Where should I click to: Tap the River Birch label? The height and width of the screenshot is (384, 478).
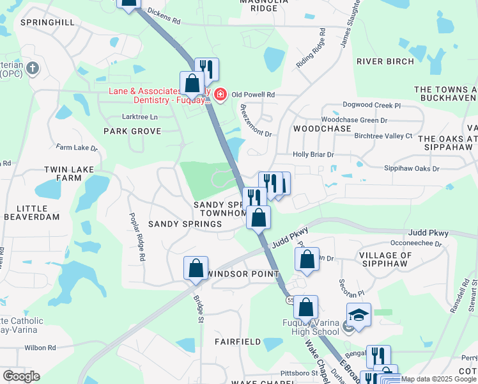point(385,61)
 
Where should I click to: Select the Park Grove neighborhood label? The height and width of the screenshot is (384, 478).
point(132,131)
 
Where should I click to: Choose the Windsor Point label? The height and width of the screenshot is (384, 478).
point(236,274)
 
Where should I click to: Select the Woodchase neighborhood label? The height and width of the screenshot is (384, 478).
point(322,129)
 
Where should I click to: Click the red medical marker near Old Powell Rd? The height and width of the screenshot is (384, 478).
point(220,95)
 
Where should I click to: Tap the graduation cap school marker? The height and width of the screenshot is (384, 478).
point(358,315)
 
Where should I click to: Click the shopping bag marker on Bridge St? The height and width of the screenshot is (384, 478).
point(196,268)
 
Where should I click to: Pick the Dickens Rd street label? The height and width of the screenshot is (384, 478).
point(164,15)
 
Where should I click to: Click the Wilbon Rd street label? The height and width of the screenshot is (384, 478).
point(42,348)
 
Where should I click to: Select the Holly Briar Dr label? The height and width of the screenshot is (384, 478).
point(313,154)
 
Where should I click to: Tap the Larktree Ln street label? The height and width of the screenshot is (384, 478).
point(139,117)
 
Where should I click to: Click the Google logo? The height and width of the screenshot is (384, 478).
point(21,376)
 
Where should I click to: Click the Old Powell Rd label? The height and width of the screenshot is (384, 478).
point(253,95)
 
